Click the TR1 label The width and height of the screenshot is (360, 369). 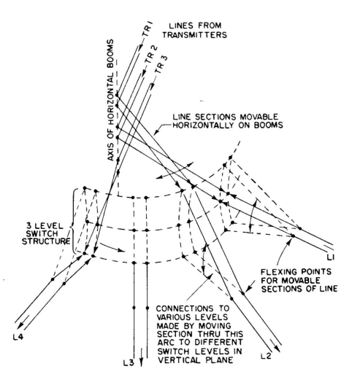(148, 29)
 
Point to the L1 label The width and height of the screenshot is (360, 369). (330, 257)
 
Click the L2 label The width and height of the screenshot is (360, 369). (266, 356)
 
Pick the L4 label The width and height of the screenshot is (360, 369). (18, 337)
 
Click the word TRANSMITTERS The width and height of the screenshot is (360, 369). (195, 35)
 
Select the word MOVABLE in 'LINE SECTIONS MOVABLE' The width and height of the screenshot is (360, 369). (259, 117)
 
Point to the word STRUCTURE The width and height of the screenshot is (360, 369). (46, 241)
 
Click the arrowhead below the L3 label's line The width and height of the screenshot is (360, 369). (141, 362)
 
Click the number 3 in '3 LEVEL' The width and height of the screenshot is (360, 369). (28, 226)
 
